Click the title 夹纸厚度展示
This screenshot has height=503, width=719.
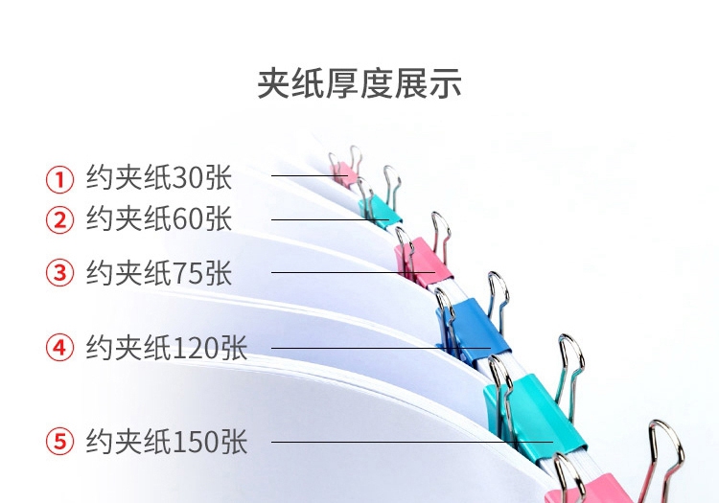(359, 83)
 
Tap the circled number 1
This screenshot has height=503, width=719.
(60, 178)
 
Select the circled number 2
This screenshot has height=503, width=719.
(60, 220)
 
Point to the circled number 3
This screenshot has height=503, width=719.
(60, 273)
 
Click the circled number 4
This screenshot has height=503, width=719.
(60, 348)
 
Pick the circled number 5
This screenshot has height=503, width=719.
(60, 442)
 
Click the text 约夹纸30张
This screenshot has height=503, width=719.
(159, 178)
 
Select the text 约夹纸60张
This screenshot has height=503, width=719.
(159, 219)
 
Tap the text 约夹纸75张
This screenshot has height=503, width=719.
(159, 273)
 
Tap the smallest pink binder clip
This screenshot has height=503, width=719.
(343, 173)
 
